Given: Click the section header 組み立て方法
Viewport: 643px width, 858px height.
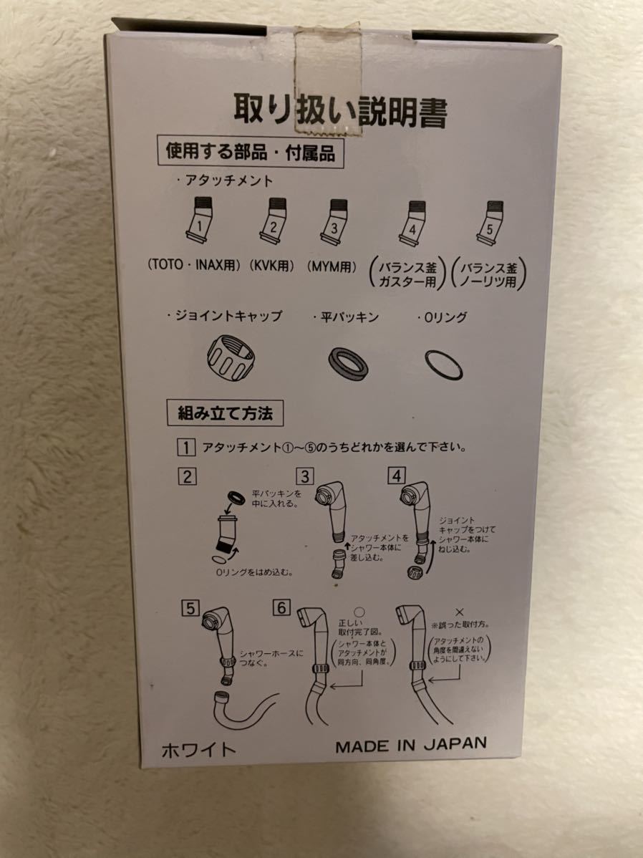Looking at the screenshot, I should [225, 413].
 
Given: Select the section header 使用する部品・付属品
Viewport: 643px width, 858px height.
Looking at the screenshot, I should [250, 152].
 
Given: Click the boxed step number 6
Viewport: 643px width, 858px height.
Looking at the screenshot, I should [282, 608].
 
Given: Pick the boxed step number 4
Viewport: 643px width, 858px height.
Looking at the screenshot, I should [396, 476].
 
